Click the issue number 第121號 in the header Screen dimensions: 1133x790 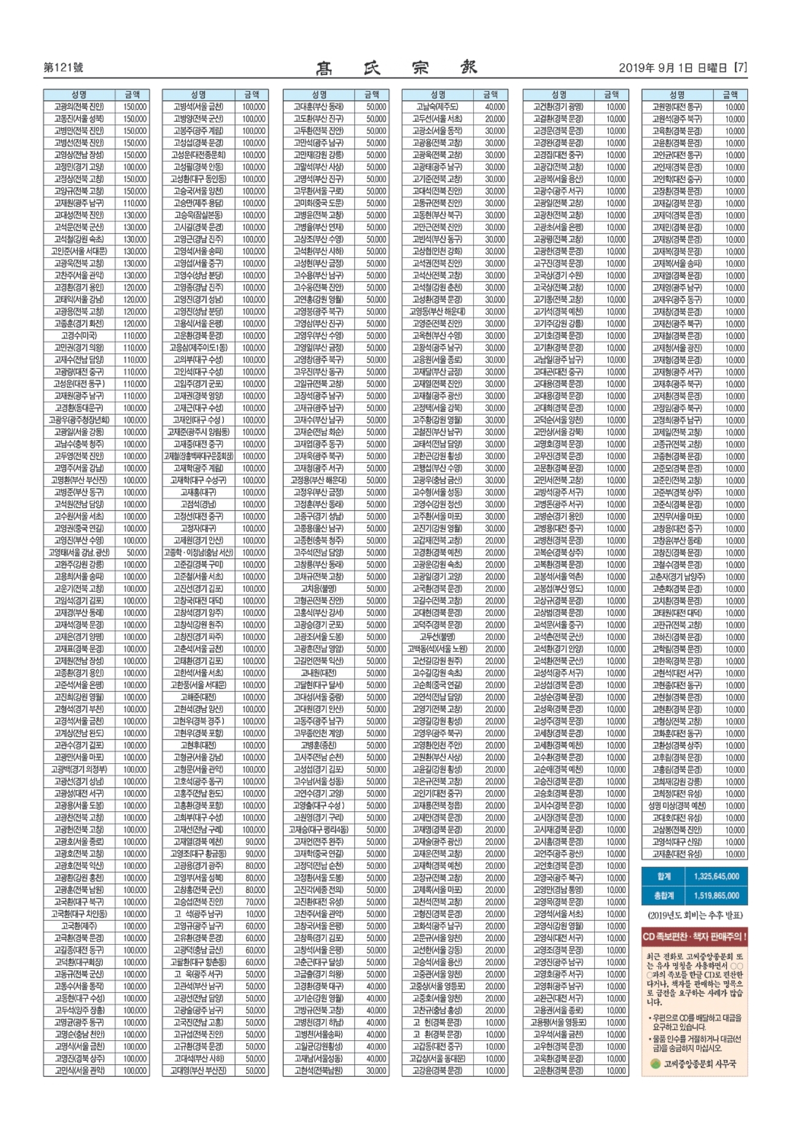click(x=63, y=68)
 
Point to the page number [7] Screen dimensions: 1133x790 click(x=740, y=68)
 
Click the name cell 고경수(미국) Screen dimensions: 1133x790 click(x=79, y=335)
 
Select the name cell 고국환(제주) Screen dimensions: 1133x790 click(x=79, y=926)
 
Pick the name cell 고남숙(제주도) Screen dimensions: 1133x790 click(x=437, y=106)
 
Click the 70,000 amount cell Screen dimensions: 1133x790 click(x=255, y=902)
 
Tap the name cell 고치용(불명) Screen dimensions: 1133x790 click(x=318, y=589)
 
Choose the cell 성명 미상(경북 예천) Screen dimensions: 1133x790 click(x=677, y=806)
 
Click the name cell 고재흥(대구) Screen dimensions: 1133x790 click(x=198, y=492)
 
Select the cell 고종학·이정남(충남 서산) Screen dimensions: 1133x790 click(x=198, y=552)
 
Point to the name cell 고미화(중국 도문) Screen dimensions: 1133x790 click(x=318, y=203)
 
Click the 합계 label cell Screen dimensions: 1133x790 click(x=664, y=876)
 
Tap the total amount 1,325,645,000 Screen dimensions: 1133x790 click(x=717, y=876)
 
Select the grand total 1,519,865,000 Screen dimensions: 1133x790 click(x=717, y=896)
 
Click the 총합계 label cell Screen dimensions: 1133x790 click(x=664, y=896)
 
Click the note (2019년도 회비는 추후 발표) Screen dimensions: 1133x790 click(x=694, y=915)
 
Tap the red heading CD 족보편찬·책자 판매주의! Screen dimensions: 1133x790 click(x=694, y=937)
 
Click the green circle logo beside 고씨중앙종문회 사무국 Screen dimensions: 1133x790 click(x=655, y=1063)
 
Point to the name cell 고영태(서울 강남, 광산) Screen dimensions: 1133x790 click(x=79, y=552)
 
